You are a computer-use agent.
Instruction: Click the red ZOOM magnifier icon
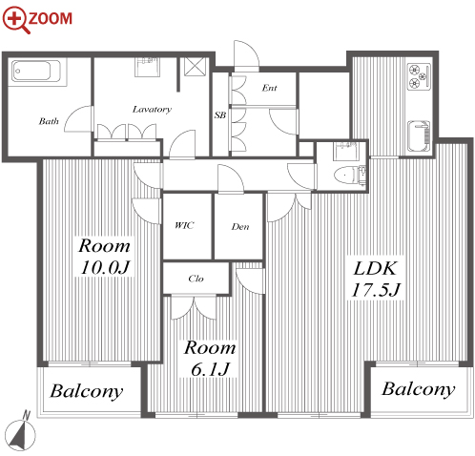pyautogui.click(x=14, y=20)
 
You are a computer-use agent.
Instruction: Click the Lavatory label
pyautogui.click(x=152, y=110)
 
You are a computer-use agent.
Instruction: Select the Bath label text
pyautogui.click(x=49, y=121)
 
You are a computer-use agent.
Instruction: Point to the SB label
pyautogui.click(x=220, y=114)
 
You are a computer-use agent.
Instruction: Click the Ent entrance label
pyautogui.click(x=269, y=88)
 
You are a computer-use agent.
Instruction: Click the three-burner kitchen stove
pyautogui.click(x=419, y=75)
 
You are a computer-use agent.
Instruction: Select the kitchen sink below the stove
pyautogui.click(x=419, y=135)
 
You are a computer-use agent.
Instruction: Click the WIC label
pyautogui.click(x=184, y=225)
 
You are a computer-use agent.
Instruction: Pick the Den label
pyautogui.click(x=240, y=226)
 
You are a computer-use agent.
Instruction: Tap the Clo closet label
pyautogui.click(x=196, y=279)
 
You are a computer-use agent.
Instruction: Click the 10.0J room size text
pyautogui.click(x=105, y=267)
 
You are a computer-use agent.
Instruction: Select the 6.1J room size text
pyautogui.click(x=210, y=368)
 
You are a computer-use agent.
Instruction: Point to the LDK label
pyautogui.click(x=375, y=268)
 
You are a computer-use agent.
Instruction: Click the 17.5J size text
pyautogui.click(x=376, y=290)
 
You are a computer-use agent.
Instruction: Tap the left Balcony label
pyautogui.click(x=87, y=391)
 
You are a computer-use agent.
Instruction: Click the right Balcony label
pyautogui.click(x=419, y=389)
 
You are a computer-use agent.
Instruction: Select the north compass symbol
pyautogui.click(x=20, y=431)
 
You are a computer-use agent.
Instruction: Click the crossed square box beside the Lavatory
pyautogui.click(x=196, y=67)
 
